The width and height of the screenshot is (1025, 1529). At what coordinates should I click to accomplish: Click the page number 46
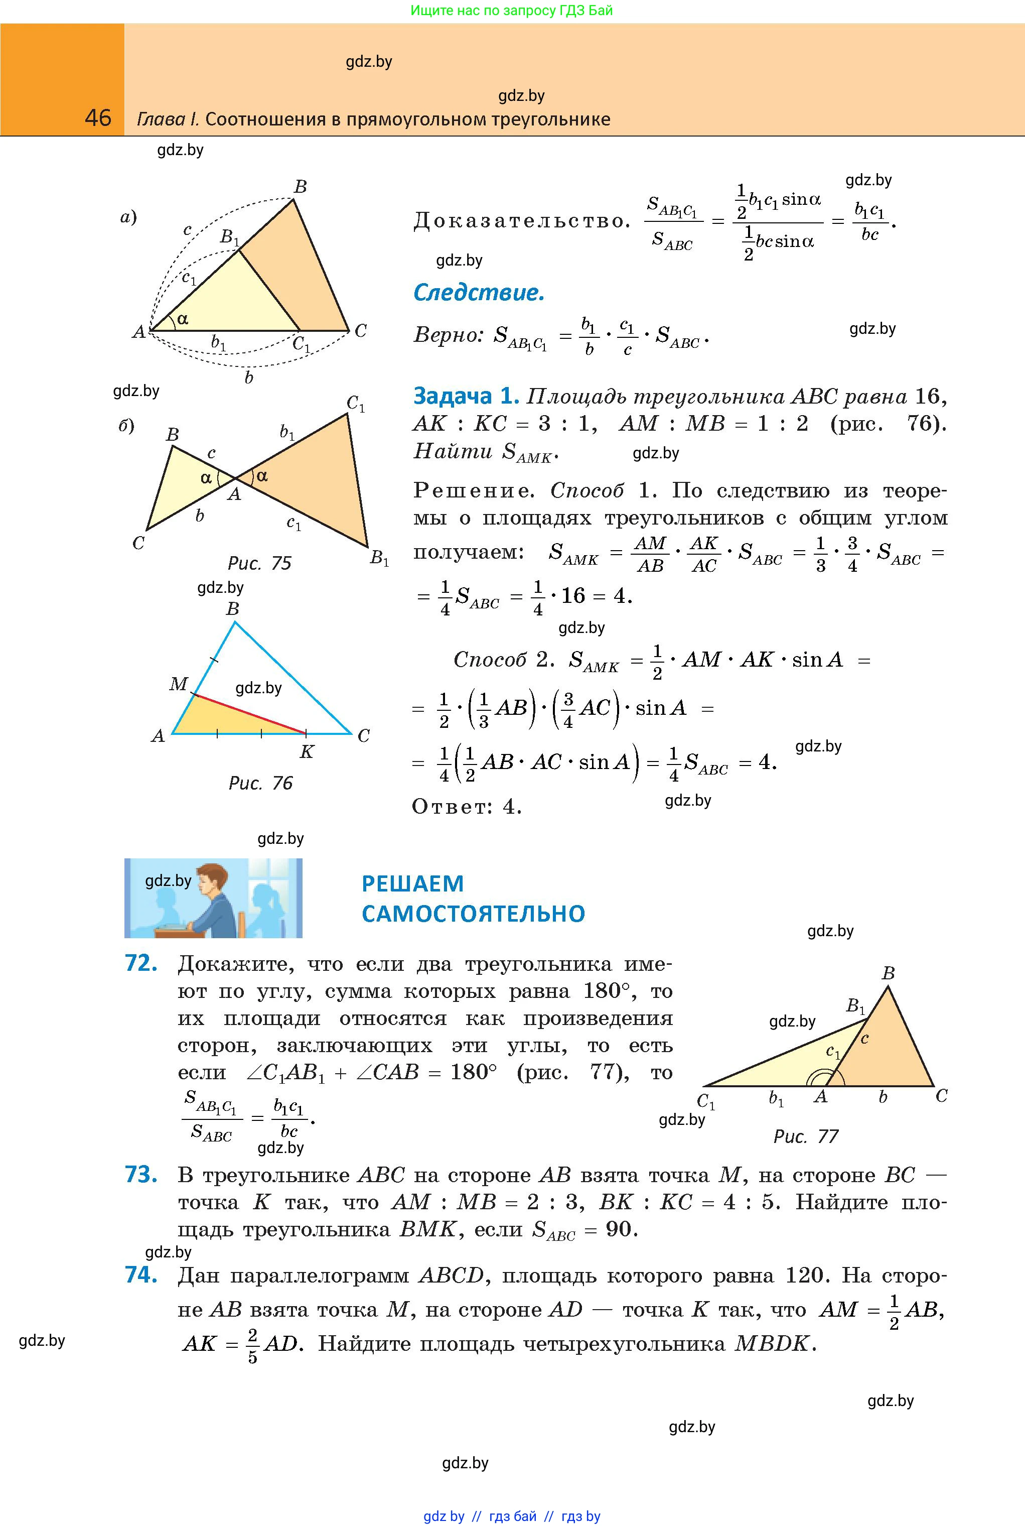(x=98, y=118)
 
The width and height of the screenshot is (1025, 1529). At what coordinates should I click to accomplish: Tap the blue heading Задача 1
(x=466, y=396)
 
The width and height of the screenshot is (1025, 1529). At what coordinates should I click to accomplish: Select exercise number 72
(x=140, y=963)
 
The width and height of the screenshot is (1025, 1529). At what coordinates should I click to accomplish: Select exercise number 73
(x=140, y=1175)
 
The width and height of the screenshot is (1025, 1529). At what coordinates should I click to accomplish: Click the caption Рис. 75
(x=259, y=563)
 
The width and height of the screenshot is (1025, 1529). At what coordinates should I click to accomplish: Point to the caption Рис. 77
(x=805, y=1136)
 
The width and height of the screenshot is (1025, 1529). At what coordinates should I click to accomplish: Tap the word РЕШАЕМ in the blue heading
(x=412, y=883)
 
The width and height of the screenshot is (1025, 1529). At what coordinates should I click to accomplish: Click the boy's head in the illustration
(x=212, y=878)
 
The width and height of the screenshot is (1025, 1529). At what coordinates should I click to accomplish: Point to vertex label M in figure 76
(x=178, y=684)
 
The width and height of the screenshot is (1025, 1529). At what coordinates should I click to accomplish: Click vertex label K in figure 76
(x=306, y=752)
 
